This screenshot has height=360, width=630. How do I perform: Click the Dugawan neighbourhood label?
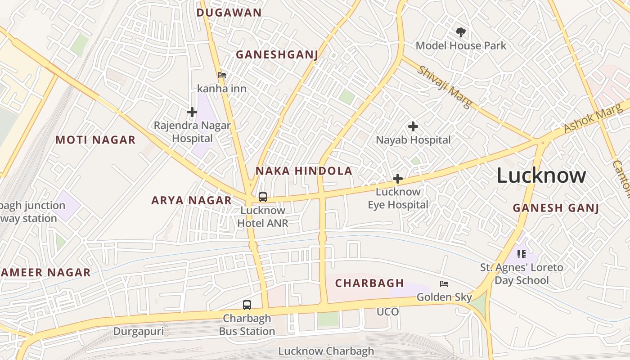tap(229, 13)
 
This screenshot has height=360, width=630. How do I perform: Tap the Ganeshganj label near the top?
tap(277, 55)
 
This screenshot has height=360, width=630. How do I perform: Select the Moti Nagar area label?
tap(95, 140)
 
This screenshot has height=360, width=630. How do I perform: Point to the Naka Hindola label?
tap(304, 171)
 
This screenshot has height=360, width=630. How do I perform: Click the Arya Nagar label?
tap(192, 200)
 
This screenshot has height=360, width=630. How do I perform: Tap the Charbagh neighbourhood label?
tap(369, 283)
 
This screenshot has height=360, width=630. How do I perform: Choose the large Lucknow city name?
tap(541, 175)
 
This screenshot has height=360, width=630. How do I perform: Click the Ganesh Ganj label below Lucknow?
tap(556, 208)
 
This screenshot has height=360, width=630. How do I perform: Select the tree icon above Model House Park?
tap(460, 32)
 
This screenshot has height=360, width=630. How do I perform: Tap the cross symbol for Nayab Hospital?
tap(413, 127)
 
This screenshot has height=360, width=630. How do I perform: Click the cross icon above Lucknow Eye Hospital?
tap(397, 179)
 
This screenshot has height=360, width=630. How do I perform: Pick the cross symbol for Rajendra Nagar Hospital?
tap(192, 112)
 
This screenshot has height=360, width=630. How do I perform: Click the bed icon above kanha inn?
tap(222, 75)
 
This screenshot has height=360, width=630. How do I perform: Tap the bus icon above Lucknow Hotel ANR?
tap(263, 197)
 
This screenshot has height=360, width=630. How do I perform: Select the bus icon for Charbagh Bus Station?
tap(247, 305)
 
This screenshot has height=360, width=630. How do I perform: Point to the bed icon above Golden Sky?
tap(444, 284)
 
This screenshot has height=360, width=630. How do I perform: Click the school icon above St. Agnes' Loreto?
tap(522, 254)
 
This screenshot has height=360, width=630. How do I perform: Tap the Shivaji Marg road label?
tap(445, 87)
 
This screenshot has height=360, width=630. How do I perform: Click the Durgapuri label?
tap(139, 332)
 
